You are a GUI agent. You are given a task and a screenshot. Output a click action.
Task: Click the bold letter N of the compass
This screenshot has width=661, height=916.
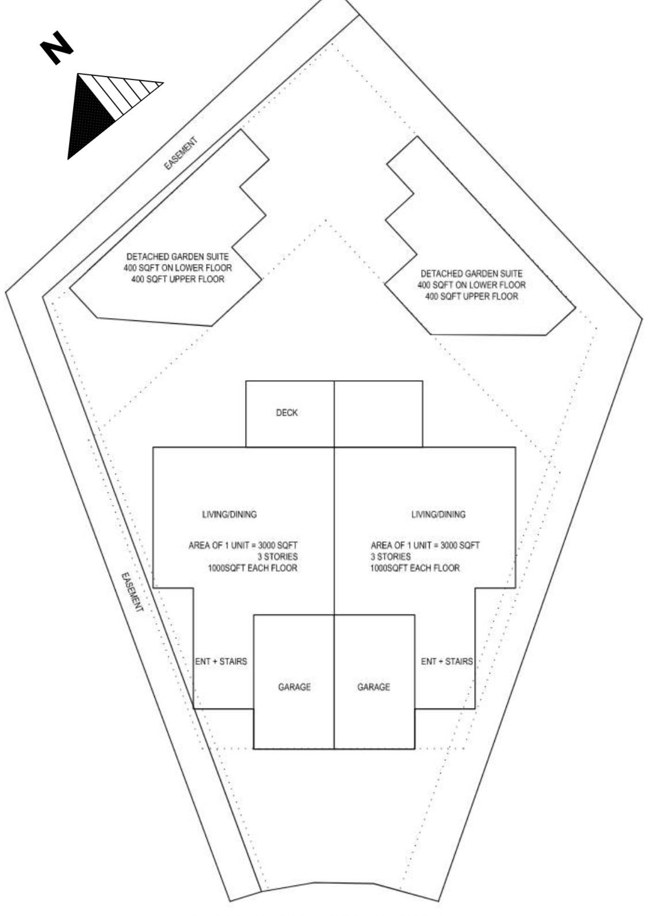56,48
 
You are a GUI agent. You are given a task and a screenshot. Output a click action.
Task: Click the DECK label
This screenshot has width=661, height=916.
286,413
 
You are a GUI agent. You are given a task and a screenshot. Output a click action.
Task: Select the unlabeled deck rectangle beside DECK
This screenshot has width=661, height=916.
378,413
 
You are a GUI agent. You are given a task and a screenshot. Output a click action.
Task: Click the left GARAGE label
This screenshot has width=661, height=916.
294,687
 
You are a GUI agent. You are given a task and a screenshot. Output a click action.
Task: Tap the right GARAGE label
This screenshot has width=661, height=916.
373,687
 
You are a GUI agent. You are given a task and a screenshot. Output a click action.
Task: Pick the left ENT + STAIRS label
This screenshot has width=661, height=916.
221,661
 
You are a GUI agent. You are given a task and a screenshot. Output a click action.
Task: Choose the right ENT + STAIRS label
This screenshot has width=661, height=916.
446,661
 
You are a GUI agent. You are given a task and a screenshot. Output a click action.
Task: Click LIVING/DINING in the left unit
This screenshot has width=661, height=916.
229,514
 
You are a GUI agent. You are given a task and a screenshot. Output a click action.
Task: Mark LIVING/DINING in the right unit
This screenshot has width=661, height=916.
438,514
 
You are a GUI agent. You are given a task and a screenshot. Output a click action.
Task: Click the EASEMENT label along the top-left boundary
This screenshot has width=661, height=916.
181,153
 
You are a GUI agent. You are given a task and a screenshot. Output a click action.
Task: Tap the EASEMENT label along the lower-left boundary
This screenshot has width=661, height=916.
132,592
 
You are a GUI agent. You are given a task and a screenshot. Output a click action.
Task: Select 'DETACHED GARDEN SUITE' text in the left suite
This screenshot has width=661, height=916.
177,256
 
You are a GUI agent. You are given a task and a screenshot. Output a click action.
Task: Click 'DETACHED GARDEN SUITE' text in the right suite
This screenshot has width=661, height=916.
471,274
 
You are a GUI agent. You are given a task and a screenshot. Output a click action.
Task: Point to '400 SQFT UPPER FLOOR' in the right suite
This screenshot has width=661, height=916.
471,297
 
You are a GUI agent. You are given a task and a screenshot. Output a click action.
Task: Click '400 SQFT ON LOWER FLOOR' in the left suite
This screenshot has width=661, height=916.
177,268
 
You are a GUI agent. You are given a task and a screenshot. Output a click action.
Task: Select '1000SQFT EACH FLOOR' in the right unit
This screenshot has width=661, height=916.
415,568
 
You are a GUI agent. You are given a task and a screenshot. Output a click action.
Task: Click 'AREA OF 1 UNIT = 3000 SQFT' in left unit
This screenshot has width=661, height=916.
243,545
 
